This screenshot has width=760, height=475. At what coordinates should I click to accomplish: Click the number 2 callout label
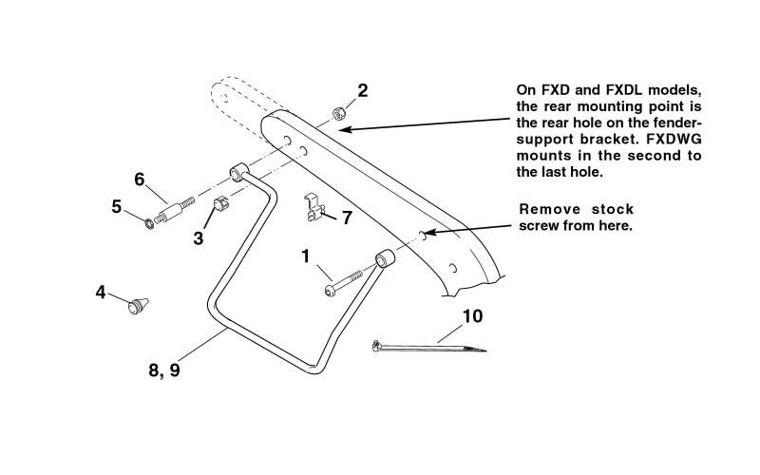(x=362, y=91)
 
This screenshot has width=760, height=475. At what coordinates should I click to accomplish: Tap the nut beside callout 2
(x=338, y=115)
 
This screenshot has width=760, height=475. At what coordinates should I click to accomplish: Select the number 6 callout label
(x=139, y=179)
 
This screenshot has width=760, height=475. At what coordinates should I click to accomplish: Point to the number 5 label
(x=116, y=206)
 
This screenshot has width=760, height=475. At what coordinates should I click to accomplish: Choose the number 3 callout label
(x=199, y=238)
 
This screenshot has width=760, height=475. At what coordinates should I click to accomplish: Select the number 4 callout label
(x=101, y=293)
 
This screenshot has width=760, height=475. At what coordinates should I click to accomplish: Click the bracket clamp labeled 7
(x=313, y=207)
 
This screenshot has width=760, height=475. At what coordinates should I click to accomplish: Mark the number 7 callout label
(x=347, y=218)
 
